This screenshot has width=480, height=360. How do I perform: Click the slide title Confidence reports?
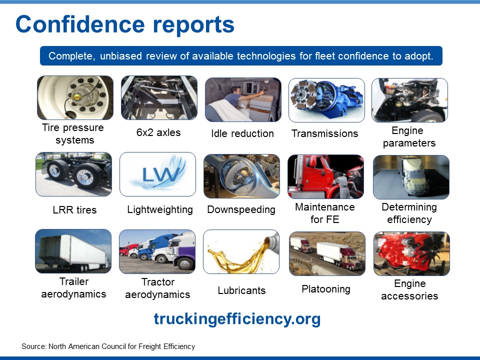tap(125, 24)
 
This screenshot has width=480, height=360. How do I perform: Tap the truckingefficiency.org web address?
tap(237, 319)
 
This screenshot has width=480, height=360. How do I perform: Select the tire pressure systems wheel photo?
tap(75, 97)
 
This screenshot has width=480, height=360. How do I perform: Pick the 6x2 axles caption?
tap(158, 132)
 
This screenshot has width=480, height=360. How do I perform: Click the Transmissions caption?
tap(325, 133)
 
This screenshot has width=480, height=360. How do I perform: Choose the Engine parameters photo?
tap(409, 100)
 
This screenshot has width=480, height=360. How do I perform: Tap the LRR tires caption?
tap(74, 210)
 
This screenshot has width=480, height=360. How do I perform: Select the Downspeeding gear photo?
tap(242, 176)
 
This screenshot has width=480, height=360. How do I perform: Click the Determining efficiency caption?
tap(409, 213)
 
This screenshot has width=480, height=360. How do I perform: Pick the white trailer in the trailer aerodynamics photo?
tap(73, 252)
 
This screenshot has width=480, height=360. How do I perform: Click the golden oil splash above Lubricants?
tap(239, 255)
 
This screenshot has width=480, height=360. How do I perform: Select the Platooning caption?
tap(326, 289)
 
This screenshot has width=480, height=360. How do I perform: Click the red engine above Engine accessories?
tap(410, 252)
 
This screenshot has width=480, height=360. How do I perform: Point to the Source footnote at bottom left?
tap(108, 346)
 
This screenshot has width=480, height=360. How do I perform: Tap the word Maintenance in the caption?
tap(325, 207)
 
